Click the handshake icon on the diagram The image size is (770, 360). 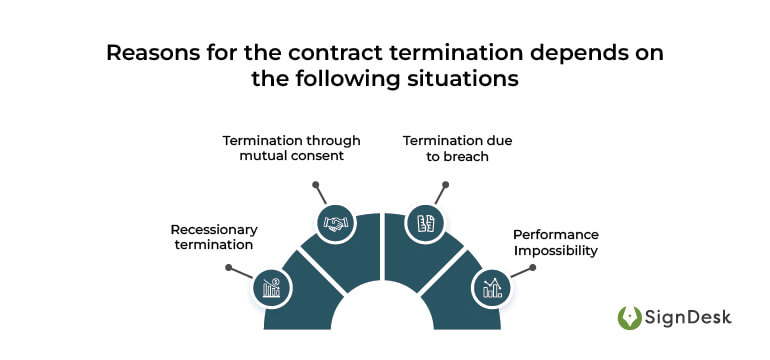pyautogui.click(x=333, y=223)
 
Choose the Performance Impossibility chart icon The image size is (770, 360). pyautogui.click(x=491, y=289)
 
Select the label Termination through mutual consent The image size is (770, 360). pyautogui.click(x=291, y=149)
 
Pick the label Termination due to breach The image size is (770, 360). pyautogui.click(x=457, y=149)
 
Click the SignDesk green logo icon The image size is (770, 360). pyautogui.click(x=631, y=318)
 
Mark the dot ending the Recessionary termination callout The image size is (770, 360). pyautogui.click(x=229, y=267)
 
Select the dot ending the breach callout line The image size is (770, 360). pyautogui.click(x=446, y=184)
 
